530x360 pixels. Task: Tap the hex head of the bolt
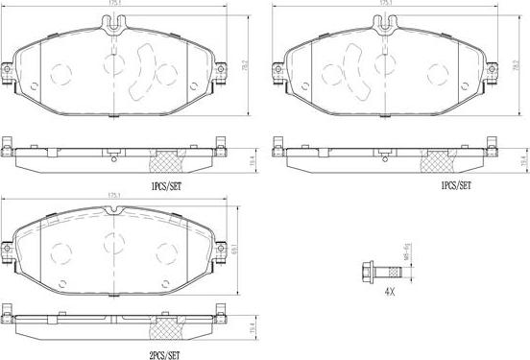[x=366, y=267]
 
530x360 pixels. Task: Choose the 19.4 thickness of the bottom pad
[x=251, y=326]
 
